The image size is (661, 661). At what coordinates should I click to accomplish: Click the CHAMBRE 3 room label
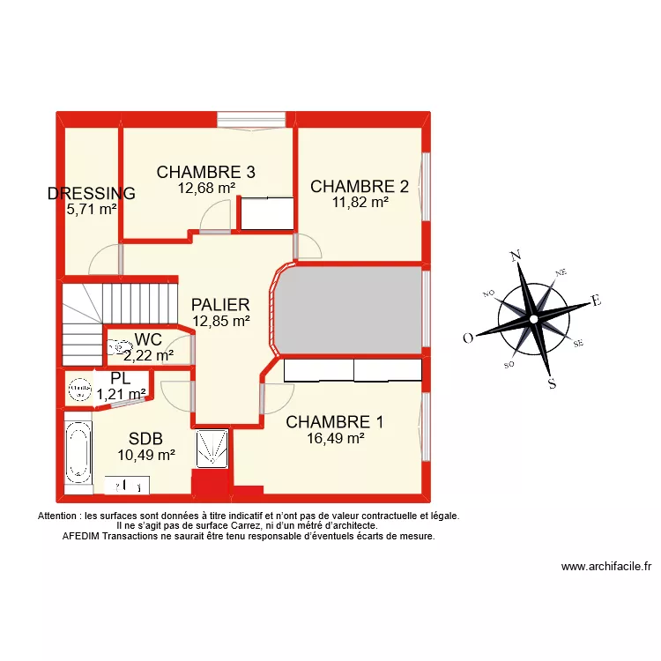[206, 172]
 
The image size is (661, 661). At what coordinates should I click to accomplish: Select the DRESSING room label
[92, 194]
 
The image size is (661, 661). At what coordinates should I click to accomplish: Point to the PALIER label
[220, 305]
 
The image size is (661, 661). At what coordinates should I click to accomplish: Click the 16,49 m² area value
[335, 437]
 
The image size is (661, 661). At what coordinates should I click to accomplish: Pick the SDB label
[146, 439]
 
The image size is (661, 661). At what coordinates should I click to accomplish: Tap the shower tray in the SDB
[212, 449]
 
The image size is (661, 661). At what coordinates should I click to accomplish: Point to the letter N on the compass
[516, 256]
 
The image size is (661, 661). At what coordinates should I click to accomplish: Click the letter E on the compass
[596, 301]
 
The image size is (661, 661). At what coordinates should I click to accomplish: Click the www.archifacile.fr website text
[605, 568]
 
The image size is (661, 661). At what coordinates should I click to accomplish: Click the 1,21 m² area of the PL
[122, 394]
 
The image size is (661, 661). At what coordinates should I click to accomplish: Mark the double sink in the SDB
[127, 485]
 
